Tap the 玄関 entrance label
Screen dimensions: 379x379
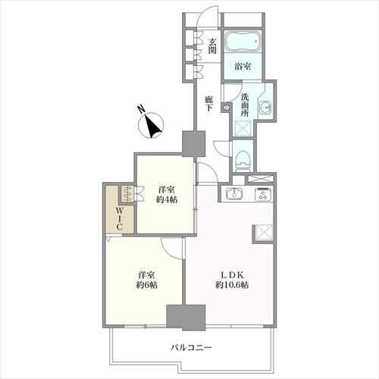tap(213, 46)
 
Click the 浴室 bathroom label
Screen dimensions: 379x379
tap(243, 67)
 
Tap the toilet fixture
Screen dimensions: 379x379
tap(242, 158)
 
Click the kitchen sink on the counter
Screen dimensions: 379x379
tap(234, 194)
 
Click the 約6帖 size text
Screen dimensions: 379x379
tap(146, 286)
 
